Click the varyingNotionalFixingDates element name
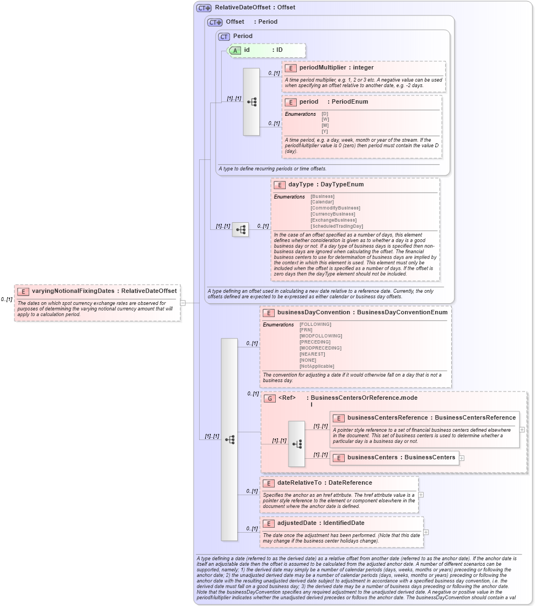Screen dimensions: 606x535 coord(73,291)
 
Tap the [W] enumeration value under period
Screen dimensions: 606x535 coord(325,120)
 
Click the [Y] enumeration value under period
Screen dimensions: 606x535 coord(325,131)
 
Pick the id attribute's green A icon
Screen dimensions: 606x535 coord(235,50)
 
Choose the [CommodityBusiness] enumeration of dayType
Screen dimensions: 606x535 coord(333,208)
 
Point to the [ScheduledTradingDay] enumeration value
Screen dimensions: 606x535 coord(336,226)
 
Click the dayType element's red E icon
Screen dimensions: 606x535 coord(279,185)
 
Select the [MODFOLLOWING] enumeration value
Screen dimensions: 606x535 coord(320,336)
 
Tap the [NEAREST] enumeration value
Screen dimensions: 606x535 coord(312,354)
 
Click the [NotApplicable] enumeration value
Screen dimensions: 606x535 coord(317,366)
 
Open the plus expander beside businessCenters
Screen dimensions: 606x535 coord(462,458)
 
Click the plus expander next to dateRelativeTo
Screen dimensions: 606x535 coord(421,495)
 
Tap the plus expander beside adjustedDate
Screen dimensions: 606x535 coord(426,532)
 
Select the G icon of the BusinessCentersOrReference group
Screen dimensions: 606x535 coord(270,398)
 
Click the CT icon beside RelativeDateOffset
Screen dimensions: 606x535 coord(204,8)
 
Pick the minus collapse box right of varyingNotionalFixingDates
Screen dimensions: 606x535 coord(183,302)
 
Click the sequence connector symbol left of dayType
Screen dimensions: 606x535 coord(240,229)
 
